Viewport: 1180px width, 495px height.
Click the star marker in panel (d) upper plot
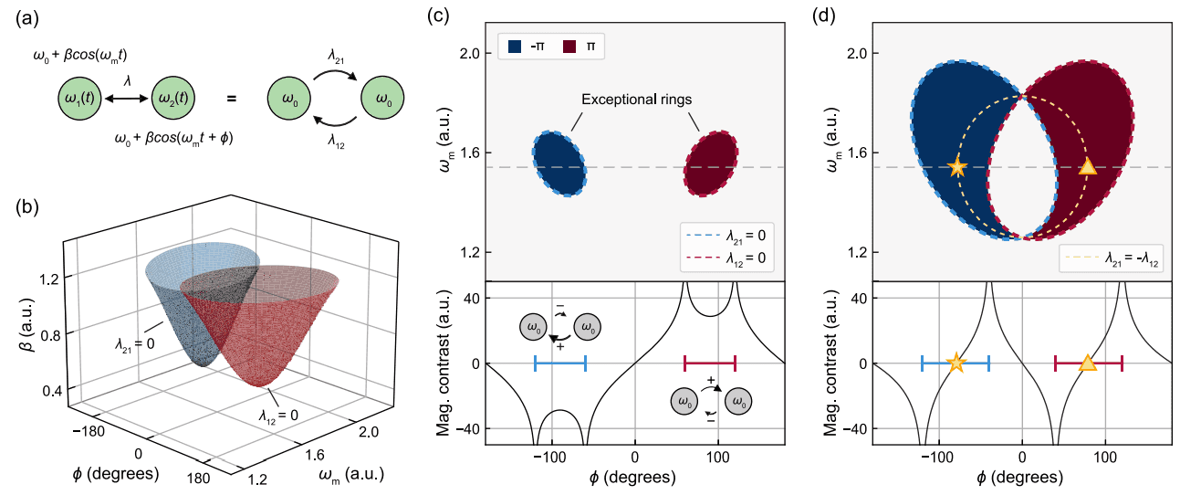(956, 167)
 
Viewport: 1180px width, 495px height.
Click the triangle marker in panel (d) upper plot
(1087, 167)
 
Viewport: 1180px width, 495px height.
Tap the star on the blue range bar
(955, 363)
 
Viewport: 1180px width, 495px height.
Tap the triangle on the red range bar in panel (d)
(1087, 363)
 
